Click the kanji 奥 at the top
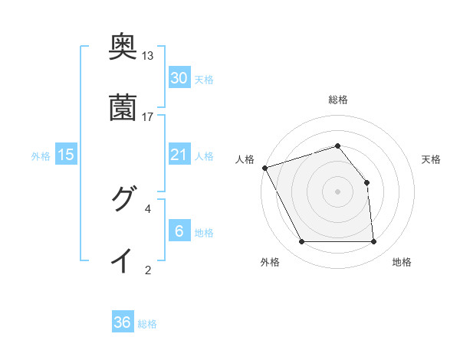tap(123, 47)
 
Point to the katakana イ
tap(123, 260)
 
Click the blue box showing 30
tap(179, 77)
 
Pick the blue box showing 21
tap(179, 155)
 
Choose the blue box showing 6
tap(179, 231)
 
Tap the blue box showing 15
tap(66, 155)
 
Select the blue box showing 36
tap(123, 322)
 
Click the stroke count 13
tap(148, 56)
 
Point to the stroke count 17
tap(148, 116)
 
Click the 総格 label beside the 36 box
tap(147, 324)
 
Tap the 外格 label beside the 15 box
tap(41, 156)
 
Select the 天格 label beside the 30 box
tap(204, 79)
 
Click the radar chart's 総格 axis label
tap(337, 100)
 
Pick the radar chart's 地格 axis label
tap(402, 262)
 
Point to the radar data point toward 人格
tap(264, 168)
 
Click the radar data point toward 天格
tap(366, 182)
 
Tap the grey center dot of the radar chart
tap(337, 191)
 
